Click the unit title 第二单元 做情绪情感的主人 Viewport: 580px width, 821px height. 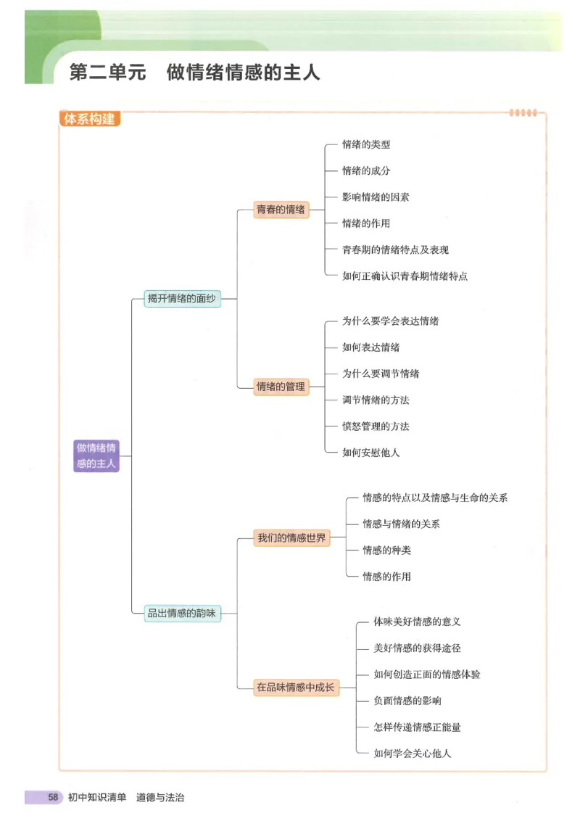(x=194, y=73)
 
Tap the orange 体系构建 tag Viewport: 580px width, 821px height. (x=89, y=119)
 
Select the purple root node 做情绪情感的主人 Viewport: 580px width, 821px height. (x=96, y=455)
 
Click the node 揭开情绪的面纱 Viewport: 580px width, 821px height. (x=182, y=298)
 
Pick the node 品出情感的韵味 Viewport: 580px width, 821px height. (x=182, y=613)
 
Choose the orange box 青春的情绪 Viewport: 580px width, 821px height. (x=281, y=210)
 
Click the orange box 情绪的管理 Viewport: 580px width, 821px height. (x=281, y=387)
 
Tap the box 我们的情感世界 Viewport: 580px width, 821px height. (x=291, y=538)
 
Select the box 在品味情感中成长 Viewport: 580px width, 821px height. (x=295, y=687)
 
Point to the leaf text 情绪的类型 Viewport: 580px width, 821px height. (x=366, y=144)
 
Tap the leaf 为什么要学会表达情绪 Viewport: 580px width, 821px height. (x=390, y=321)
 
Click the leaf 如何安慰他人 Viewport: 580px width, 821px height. (x=370, y=453)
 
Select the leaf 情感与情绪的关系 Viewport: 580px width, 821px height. (x=401, y=524)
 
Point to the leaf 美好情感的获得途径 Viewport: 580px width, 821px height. (x=417, y=648)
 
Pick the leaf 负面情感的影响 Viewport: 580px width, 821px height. (x=407, y=701)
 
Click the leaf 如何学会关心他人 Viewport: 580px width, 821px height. (x=412, y=753)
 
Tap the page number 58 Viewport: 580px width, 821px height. (x=53, y=797)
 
